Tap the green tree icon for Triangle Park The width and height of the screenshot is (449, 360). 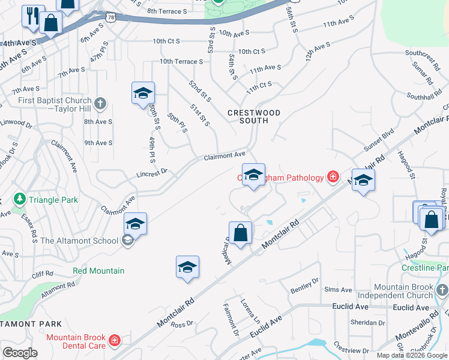[19, 199]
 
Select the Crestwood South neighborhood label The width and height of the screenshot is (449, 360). [254, 116]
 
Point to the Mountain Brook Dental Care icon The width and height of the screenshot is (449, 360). [114, 341]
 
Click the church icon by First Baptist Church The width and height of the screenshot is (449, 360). [100, 104]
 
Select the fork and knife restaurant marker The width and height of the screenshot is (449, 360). [32, 15]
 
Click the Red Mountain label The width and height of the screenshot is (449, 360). [98, 271]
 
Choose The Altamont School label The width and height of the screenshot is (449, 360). [79, 241]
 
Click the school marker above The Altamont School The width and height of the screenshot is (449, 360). [136, 224]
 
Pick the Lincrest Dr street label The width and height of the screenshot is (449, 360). [151, 170]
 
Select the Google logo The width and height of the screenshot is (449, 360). [20, 352]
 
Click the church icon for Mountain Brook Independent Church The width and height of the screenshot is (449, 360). [444, 292]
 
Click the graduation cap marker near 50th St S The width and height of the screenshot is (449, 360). [143, 93]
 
